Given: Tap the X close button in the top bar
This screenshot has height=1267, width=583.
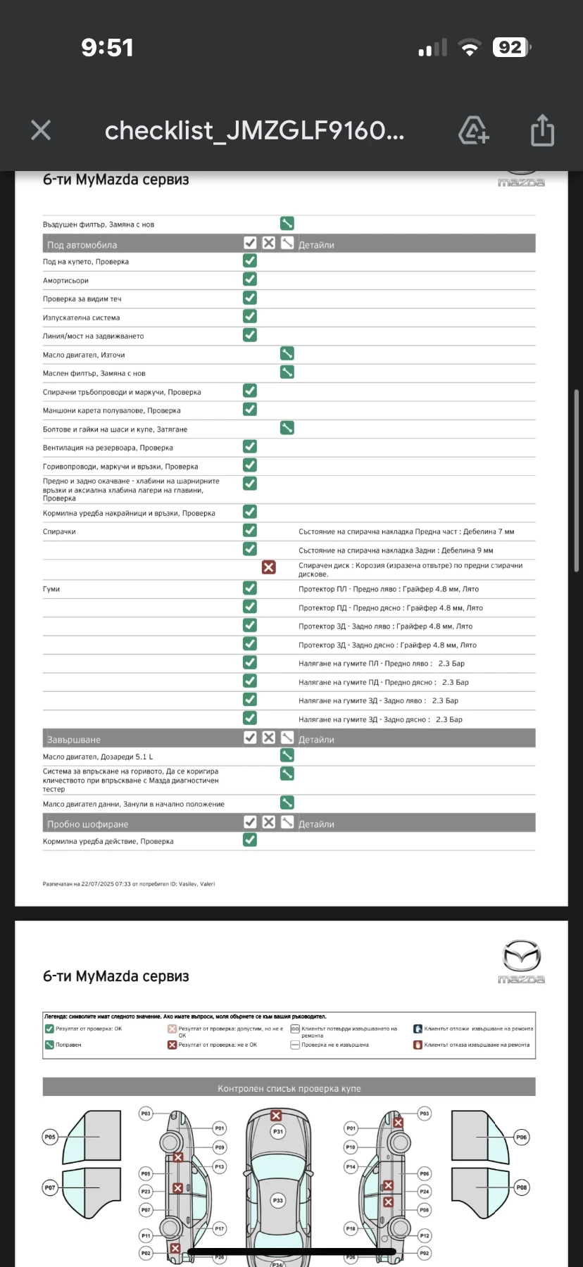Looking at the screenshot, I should point(41,130).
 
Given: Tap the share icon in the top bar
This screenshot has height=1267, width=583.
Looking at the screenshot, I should point(542,130).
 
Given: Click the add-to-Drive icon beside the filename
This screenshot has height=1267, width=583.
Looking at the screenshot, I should point(474,130).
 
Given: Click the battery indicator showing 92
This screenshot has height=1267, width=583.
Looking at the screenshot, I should point(511,47).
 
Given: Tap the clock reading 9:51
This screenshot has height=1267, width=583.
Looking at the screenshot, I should point(107,47).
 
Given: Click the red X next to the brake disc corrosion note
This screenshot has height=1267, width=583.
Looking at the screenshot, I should point(268,567).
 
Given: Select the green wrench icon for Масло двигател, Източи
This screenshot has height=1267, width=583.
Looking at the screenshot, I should point(287,353).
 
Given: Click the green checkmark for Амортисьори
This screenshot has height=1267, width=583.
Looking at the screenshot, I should point(250,279).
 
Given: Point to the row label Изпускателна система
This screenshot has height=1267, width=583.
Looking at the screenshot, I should point(81,317).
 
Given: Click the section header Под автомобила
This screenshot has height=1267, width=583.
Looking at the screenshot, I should point(82,245).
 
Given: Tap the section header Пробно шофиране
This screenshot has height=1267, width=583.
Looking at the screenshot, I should point(87,824).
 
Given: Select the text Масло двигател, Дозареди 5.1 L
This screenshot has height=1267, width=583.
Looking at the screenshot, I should point(98,757).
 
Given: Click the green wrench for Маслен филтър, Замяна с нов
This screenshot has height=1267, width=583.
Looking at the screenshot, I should point(287,372).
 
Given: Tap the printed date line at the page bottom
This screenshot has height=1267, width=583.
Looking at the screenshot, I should point(129,884).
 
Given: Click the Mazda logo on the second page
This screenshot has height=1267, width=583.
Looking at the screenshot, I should point(521,961).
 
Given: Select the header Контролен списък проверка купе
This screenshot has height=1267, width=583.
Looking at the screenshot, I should point(289,1088).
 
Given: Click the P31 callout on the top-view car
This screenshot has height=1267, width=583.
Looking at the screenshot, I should point(278,1132).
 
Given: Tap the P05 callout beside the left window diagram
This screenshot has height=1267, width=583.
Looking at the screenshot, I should point(50,1137).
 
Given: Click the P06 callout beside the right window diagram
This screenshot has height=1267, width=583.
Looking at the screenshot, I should point(521,1137).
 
